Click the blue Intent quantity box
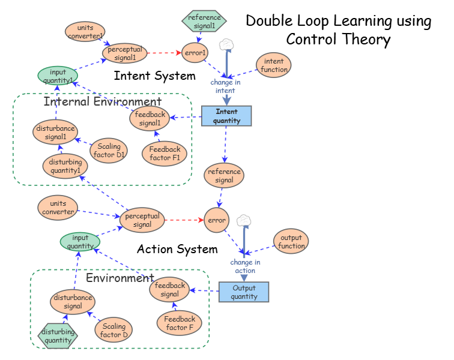tap(226, 116)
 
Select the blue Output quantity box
tap(244, 292)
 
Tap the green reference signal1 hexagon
tap(204, 21)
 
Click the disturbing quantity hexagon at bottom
tap(58, 336)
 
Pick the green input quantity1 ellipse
tap(58, 76)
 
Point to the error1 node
tap(195, 53)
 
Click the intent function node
tap(273, 65)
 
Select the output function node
tap(291, 241)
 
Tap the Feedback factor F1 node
tap(165, 153)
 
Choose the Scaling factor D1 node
tap(109, 151)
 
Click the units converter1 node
tap(85, 31)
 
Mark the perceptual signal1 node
tap(125, 53)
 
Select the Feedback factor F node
tap(179, 323)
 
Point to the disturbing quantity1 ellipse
tap(65, 166)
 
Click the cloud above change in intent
tap(226, 44)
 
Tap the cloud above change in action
tap(243, 220)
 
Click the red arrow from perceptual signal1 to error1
tap(164, 53)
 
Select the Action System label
tap(177, 249)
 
